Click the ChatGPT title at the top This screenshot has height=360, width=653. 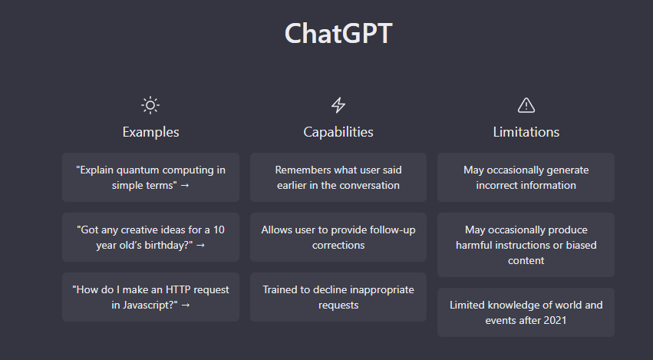(338, 33)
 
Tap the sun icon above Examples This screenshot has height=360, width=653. (150, 105)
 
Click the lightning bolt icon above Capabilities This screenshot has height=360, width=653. (338, 105)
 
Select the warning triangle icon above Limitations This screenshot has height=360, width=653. (526, 105)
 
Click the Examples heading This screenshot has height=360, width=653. (150, 132)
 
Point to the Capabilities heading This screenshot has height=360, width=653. (338, 132)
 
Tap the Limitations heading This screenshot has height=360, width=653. (526, 132)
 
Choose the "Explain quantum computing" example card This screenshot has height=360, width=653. (150, 177)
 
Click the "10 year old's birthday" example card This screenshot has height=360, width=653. (150, 237)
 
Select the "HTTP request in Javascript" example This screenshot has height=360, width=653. (150, 297)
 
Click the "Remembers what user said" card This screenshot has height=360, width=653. (338, 177)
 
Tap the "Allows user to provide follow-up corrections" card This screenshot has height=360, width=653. (338, 237)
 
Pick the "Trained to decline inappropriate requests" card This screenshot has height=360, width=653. (338, 297)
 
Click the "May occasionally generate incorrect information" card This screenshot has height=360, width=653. (526, 177)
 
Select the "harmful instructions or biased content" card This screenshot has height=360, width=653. (526, 245)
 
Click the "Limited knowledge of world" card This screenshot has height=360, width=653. (526, 312)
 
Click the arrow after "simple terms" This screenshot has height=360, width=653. (185, 186)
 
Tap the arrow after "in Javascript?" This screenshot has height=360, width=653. (186, 306)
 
